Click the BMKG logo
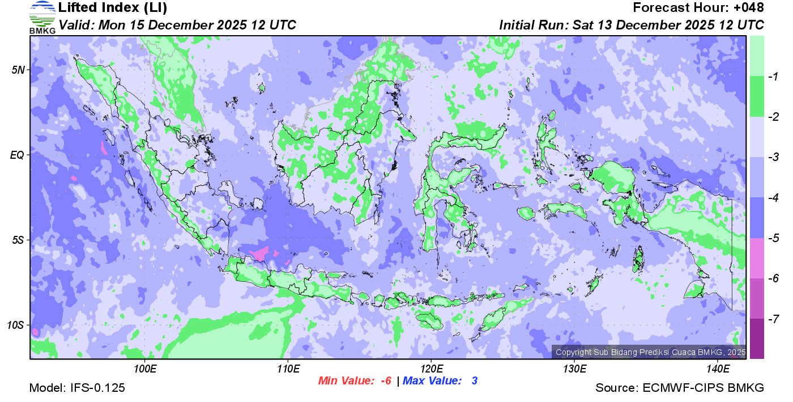tap(42, 18)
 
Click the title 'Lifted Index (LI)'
tap(113, 8)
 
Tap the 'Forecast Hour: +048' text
tap(698, 8)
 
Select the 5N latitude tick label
tap(18, 70)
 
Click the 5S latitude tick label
tap(18, 240)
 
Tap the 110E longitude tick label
tap(288, 369)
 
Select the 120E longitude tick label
tap(431, 369)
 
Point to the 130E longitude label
tap(574, 369)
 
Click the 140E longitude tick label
tap(718, 369)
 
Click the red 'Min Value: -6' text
tap(355, 381)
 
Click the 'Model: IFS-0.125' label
tap(77, 388)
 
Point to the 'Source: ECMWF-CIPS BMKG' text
tap(680, 388)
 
